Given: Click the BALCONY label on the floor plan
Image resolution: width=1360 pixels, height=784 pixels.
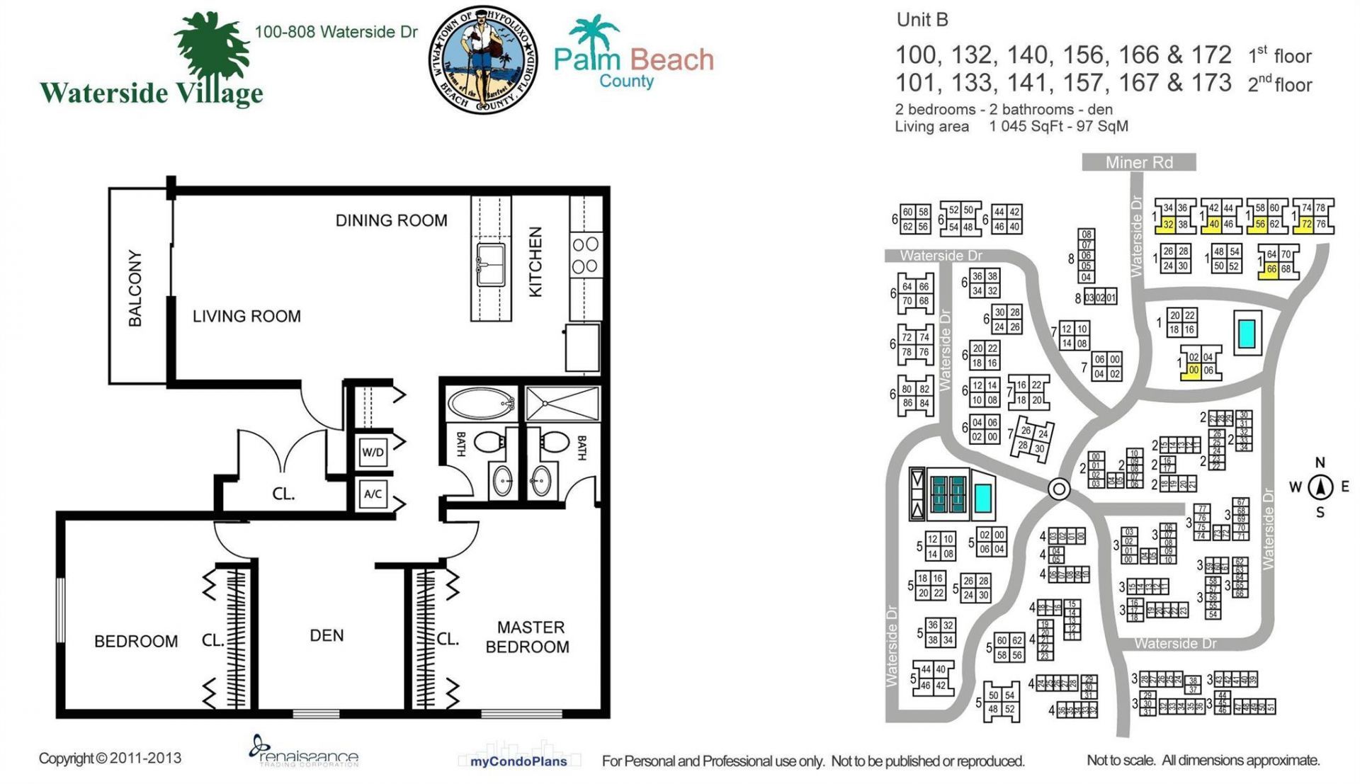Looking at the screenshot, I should coord(135,288).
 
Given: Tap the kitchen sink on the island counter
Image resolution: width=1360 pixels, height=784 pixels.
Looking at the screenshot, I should coord(491,264).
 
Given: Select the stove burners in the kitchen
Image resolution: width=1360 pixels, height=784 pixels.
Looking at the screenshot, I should coord(585,256).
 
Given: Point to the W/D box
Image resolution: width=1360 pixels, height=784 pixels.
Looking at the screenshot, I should coord(373,452).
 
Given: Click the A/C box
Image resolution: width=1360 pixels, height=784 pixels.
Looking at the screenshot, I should coord(373,494).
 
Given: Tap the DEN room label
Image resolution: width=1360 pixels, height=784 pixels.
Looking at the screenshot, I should coord(327,635).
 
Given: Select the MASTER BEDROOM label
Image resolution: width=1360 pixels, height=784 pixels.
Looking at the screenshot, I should coord(528,637).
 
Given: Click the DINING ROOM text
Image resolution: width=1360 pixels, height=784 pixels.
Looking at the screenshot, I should coord(391,220).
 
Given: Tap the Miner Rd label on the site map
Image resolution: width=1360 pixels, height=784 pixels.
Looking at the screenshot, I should coord(1139,162).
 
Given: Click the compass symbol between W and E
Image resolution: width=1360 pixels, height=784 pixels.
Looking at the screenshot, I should coord(1320,487).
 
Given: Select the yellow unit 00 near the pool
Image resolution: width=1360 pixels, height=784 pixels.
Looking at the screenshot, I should coord(1194,370).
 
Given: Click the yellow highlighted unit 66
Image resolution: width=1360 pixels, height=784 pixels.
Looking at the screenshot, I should coord(1271,269).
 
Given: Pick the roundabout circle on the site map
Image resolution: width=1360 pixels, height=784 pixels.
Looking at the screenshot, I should coord(1059,489).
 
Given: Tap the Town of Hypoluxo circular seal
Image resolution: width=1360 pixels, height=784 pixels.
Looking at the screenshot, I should coord(484,60).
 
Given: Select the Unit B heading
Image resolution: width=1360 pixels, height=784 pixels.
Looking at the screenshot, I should coord(922,20).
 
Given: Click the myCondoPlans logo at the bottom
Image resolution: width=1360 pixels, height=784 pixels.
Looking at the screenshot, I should coord(518,761).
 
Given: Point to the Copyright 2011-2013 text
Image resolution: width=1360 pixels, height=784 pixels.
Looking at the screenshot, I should coord(110,758).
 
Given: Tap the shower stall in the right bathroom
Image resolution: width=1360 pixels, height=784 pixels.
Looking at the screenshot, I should coord(562,404).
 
